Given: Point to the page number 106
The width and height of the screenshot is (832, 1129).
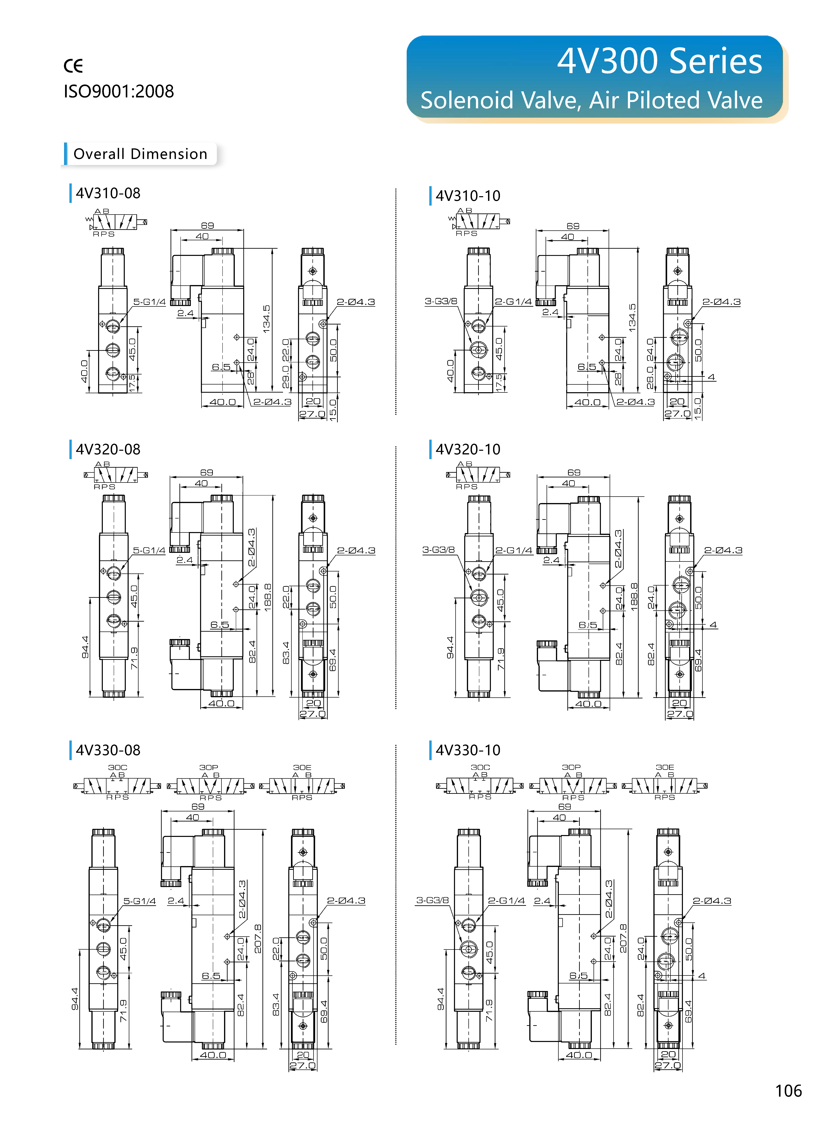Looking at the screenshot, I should (788, 1091).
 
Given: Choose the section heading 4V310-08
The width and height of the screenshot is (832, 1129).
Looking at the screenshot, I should (108, 193).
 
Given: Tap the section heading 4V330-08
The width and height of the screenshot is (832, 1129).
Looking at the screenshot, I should (108, 750).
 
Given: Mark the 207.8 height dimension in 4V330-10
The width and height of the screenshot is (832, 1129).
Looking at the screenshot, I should (623, 938).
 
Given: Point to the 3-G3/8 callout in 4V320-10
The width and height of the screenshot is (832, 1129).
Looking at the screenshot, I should (438, 550).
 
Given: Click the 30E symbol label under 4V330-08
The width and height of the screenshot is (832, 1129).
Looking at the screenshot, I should (302, 767).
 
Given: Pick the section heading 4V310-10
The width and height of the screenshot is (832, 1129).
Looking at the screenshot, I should (468, 196).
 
